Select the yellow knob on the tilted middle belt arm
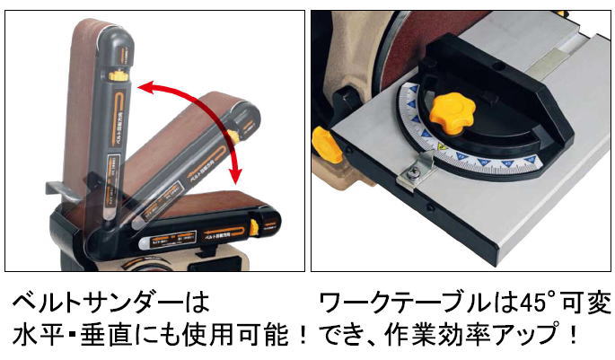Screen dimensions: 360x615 (x=232, y=137)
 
